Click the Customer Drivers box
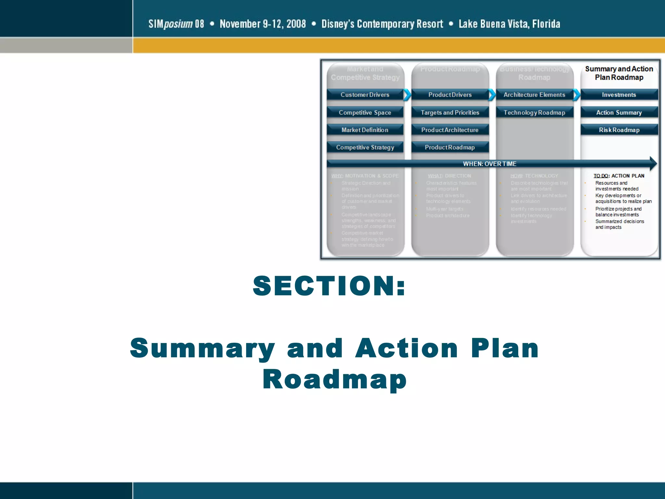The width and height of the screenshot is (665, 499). pos(365,95)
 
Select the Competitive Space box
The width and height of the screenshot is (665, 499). pos(365,112)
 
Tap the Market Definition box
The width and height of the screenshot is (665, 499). pos(365,130)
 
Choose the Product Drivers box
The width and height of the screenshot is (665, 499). pos(450,95)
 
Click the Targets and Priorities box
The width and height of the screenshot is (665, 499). pos(450,112)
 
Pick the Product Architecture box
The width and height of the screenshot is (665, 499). pos(450,130)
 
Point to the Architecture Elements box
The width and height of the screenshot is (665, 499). pos(534,95)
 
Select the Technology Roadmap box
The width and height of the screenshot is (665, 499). pos(534,112)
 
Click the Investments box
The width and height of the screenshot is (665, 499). pos(619,95)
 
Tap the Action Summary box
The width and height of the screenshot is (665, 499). pos(619,112)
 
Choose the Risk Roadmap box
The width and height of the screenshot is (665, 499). pos(619,130)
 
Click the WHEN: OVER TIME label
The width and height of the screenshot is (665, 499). pos(489,164)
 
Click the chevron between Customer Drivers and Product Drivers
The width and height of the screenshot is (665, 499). pos(407,95)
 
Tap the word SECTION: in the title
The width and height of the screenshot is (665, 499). pos(329,286)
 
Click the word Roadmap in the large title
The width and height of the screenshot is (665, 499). pos(334,379)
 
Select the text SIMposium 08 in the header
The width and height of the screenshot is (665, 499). pos(176,24)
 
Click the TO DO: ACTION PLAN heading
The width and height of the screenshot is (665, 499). pos(619,176)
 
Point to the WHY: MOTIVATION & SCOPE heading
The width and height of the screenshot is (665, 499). pos(365,176)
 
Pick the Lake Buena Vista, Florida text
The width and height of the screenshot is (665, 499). pos(509,24)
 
